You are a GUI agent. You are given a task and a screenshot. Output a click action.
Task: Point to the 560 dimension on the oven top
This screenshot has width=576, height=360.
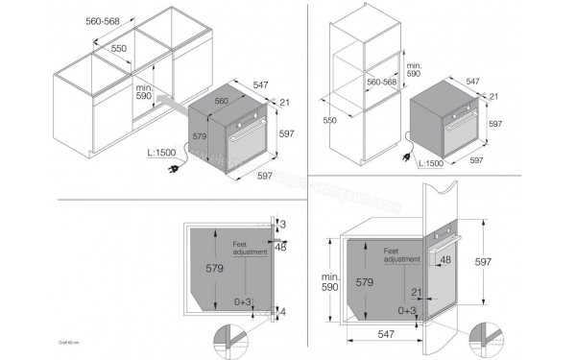[222, 100]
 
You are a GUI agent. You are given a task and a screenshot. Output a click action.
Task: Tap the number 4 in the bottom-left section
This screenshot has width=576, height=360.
[283, 312]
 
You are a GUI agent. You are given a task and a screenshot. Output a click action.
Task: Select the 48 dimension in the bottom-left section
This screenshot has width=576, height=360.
[282, 247]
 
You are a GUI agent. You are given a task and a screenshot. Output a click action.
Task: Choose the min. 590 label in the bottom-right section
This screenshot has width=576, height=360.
[331, 281]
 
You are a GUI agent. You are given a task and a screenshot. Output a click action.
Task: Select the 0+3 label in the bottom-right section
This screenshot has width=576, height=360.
[408, 311]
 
